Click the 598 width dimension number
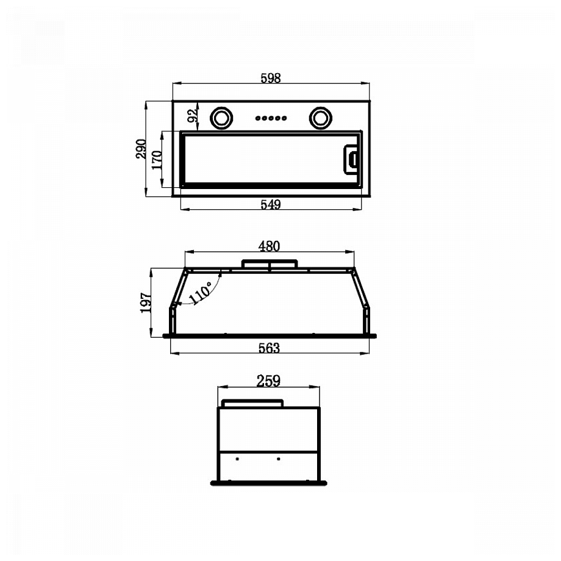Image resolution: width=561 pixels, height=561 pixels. (271, 78)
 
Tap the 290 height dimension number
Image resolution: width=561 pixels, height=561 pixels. (141, 149)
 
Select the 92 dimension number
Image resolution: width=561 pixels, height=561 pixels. (193, 115)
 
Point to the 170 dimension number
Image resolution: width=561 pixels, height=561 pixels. (157, 160)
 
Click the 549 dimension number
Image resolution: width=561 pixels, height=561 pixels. (271, 205)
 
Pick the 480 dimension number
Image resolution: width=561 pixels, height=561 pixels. (269, 246)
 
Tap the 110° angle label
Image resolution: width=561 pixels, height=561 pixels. (201, 292)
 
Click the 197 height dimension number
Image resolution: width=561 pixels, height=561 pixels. (146, 302)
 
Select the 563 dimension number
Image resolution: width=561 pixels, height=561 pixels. (269, 348)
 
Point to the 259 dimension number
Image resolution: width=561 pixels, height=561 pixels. (268, 381)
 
